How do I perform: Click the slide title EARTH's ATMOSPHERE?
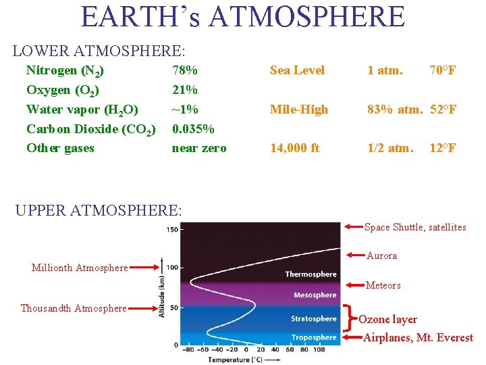(243, 16)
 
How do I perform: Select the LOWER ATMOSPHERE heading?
(99, 50)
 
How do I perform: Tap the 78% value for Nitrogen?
(185, 70)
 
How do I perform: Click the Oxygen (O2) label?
(63, 90)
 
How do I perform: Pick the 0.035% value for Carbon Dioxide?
(194, 128)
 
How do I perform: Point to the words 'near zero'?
(199, 148)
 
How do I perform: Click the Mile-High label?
(299, 109)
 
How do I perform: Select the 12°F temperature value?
(443, 148)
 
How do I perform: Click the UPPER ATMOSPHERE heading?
(99, 210)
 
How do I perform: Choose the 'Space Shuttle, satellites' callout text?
(415, 227)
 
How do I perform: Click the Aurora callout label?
(381, 255)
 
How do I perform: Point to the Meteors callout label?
(383, 285)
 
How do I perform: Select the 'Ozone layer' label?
(387, 319)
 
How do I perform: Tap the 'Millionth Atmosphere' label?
(80, 268)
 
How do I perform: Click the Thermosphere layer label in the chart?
(310, 274)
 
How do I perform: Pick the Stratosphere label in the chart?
(313, 318)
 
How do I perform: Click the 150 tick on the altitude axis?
(172, 230)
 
